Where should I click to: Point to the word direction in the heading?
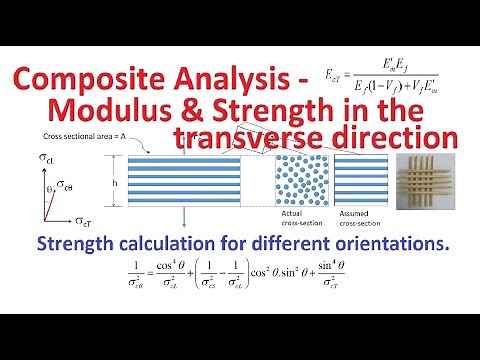tap(392, 136)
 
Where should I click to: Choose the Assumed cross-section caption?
tap(357, 221)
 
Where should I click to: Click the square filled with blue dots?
tap(300, 181)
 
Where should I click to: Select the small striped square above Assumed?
tap(357, 181)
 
